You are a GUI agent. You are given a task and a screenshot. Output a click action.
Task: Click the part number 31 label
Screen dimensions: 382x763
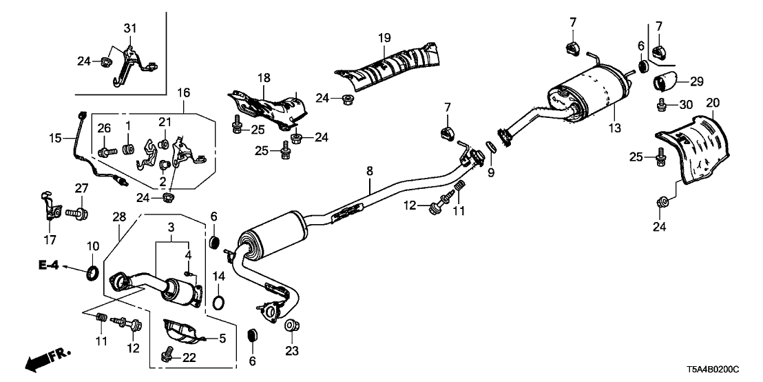(130, 28)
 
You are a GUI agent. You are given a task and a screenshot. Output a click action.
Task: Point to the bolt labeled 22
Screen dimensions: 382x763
(165, 356)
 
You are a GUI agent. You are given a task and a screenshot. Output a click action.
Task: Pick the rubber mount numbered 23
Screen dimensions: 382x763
(291, 326)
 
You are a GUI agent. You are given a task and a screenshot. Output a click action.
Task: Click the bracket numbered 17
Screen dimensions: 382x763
(46, 203)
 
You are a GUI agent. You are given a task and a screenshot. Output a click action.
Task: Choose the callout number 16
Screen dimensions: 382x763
(185, 92)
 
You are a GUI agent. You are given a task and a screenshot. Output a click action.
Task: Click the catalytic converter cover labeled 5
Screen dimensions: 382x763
(180, 334)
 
